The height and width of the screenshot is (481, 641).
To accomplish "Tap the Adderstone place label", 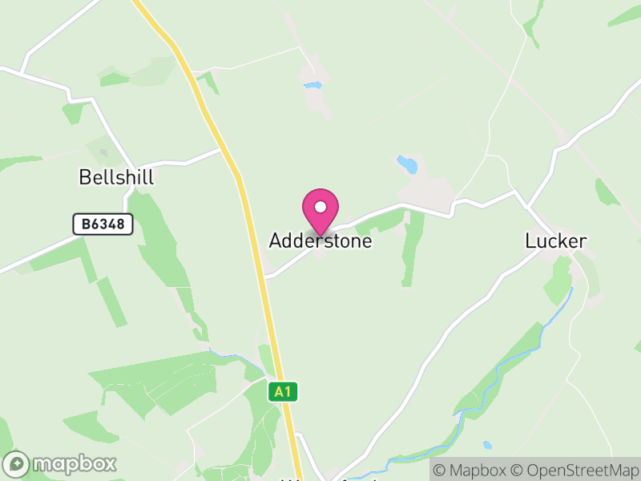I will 320,240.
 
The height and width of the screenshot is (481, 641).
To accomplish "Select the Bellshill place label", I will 116,177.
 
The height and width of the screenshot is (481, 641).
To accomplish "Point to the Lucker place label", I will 556,240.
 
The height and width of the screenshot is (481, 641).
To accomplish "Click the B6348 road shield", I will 103,224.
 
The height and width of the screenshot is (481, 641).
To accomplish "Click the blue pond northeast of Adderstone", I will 408,165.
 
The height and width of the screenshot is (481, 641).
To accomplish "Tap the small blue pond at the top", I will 312,84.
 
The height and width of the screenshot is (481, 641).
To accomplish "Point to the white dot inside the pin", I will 320,207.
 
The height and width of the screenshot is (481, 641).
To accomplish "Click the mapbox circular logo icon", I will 17,463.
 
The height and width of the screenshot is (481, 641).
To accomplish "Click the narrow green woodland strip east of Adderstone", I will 412,249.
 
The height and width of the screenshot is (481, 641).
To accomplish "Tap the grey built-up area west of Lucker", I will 425,192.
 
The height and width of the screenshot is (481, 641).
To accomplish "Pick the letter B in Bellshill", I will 84,177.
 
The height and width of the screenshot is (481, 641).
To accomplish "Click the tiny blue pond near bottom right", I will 487,445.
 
